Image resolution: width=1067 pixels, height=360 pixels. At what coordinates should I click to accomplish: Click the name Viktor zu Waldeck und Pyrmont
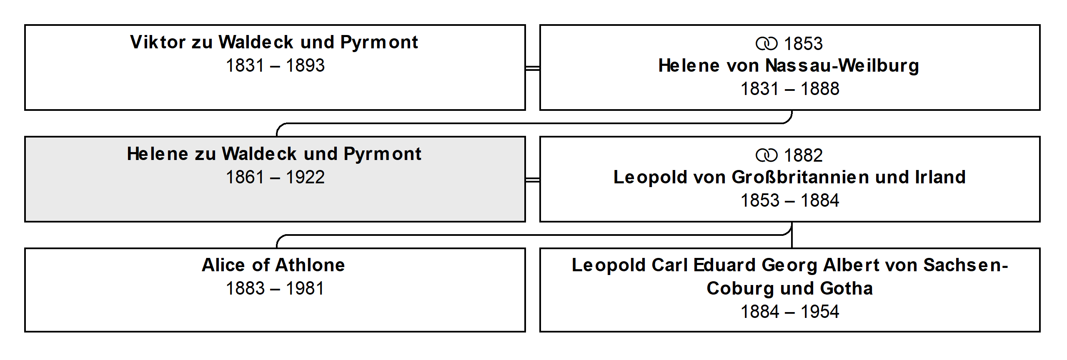[x=274, y=42]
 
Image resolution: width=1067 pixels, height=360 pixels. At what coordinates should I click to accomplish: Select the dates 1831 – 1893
[x=275, y=65]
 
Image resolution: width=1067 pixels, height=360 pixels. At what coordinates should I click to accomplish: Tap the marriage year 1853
[x=803, y=44]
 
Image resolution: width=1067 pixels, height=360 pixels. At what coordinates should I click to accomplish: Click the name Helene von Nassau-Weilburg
[x=789, y=66]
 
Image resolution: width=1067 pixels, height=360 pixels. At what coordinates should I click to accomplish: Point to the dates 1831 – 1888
[x=790, y=89]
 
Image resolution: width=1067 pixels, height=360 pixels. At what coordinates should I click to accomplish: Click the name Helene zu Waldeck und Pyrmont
[x=274, y=154]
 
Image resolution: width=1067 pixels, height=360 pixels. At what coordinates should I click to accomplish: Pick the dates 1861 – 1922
[x=275, y=177]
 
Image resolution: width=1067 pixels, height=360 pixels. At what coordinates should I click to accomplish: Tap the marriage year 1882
[x=803, y=155]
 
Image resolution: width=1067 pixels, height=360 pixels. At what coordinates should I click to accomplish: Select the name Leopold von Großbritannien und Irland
[x=789, y=177]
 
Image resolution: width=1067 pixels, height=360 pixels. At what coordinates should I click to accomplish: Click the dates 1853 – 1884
[x=790, y=200]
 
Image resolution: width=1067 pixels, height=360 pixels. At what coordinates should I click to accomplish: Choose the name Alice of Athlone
[x=273, y=265]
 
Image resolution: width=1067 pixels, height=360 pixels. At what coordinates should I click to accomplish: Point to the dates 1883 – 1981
[x=275, y=288]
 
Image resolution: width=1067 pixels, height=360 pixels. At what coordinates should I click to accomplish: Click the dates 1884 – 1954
[x=790, y=312]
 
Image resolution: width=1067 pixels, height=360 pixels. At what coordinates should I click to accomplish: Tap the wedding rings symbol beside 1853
[x=766, y=44]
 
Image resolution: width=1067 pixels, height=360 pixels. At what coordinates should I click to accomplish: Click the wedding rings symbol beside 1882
[x=766, y=155]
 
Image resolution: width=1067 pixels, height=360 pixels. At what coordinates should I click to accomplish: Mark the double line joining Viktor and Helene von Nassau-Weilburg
[x=533, y=68]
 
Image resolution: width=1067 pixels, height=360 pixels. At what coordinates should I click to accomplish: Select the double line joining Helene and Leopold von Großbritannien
[x=533, y=180]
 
